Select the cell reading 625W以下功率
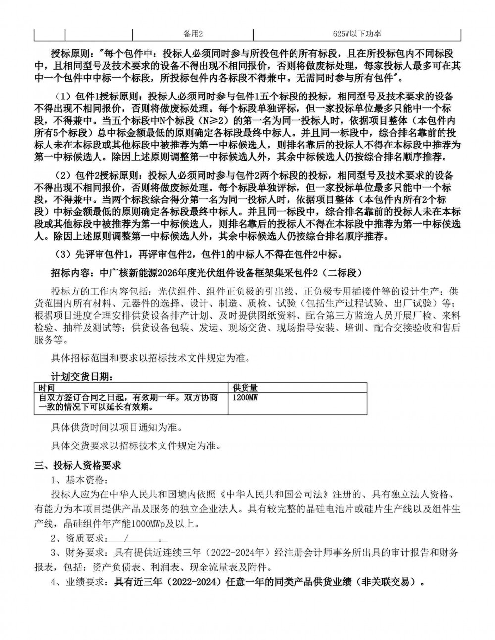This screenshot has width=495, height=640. pos(356,34)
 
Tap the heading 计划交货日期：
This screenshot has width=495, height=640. pos(82,376)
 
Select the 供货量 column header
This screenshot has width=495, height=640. pos(245,388)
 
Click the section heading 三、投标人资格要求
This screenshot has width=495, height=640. pos(77,465)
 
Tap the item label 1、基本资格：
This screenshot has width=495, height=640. pos(79,480)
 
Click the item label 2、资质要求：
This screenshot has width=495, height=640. pos(79,538)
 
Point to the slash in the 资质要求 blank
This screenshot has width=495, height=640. pos(127,538)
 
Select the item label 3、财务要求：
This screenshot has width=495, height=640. pos(79,552)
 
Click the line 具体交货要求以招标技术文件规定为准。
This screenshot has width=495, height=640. pos(136,445)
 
